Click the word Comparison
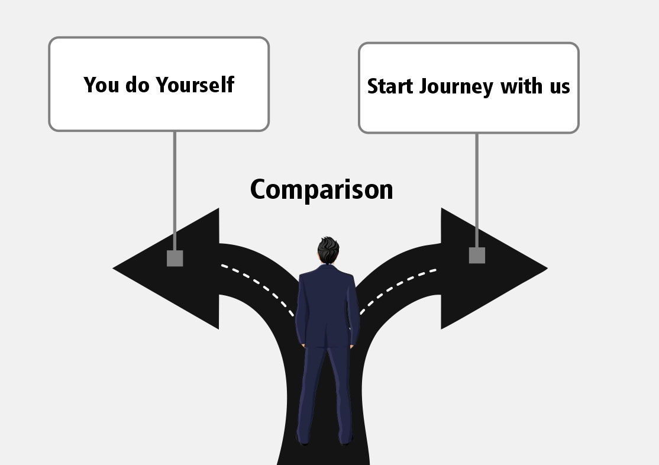(321, 190)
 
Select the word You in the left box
(98, 85)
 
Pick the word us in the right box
(557, 86)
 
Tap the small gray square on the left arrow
(175, 259)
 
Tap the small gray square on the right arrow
(477, 255)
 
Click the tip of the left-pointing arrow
(115, 269)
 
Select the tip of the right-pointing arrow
(545, 269)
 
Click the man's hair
(327, 248)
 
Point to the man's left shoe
(304, 439)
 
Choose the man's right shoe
(345, 439)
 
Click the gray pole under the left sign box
(175, 189)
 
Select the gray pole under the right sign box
(477, 189)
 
